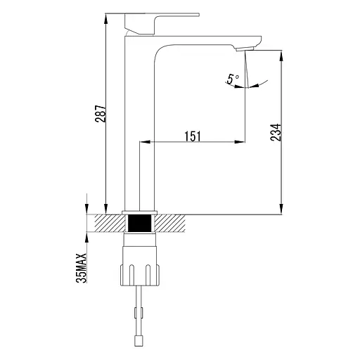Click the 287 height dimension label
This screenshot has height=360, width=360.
pyautogui.click(x=101, y=114)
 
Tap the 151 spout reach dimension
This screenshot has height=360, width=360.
pyautogui.click(x=193, y=136)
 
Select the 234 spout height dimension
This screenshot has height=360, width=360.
pyautogui.click(x=276, y=132)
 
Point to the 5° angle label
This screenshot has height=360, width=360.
pyautogui.click(x=233, y=79)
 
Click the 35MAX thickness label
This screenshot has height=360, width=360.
pyautogui.click(x=82, y=268)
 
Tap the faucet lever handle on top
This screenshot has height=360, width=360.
pyautogui.click(x=162, y=23)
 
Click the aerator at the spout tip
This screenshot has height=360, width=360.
pyautogui.click(x=245, y=49)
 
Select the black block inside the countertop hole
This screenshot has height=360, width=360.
pyautogui.click(x=140, y=223)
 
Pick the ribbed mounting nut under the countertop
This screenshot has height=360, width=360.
pyautogui.click(x=140, y=275)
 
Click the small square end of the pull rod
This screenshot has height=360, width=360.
pyautogui.click(x=138, y=341)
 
